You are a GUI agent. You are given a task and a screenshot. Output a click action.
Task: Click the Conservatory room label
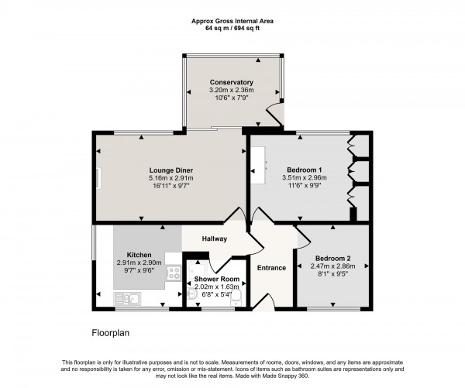pyautogui.click(x=231, y=82)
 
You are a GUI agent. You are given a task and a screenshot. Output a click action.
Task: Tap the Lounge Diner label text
pyautogui.click(x=171, y=170)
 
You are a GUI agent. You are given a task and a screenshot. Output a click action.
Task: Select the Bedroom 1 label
pyautogui.click(x=305, y=170)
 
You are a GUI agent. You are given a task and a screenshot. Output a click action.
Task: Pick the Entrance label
pyautogui.click(x=271, y=268)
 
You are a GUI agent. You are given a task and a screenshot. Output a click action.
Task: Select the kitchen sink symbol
pyautogui.click(x=128, y=297)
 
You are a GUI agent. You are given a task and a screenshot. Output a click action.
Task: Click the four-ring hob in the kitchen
pyautogui.click(x=174, y=273)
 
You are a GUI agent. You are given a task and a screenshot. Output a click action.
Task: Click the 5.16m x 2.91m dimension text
pyautogui.click(x=171, y=178)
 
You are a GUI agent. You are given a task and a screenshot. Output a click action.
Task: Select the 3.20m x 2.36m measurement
pyautogui.click(x=231, y=91)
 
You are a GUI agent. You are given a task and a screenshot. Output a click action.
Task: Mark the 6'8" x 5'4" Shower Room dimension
pyautogui.click(x=216, y=294)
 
